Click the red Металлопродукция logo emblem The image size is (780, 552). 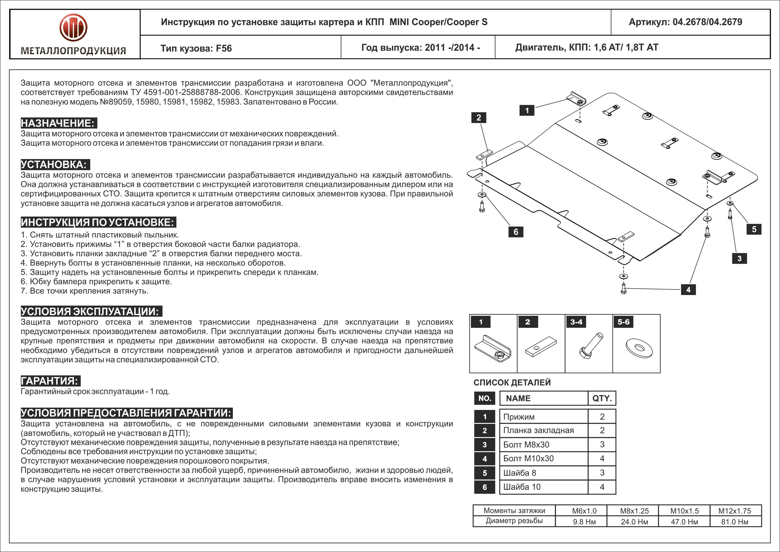coord(73,28)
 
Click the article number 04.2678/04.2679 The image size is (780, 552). coord(707,22)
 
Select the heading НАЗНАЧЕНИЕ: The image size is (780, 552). coord(58,123)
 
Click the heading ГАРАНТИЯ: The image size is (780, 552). coord(50,381)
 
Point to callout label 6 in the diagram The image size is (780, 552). coord(516,232)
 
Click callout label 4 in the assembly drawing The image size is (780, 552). coord(688,290)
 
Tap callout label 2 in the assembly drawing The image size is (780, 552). coord(479,118)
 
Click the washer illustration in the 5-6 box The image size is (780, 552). coord(639,348)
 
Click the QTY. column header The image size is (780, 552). coord(602,398)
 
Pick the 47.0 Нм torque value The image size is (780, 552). coord(684,522)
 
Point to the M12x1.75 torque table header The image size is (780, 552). coord(734,511)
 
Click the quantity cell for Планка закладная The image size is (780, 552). coord(602,430)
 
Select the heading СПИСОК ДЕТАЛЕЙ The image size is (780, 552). coord(512,382)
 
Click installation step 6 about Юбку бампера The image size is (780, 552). coord(96,281)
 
